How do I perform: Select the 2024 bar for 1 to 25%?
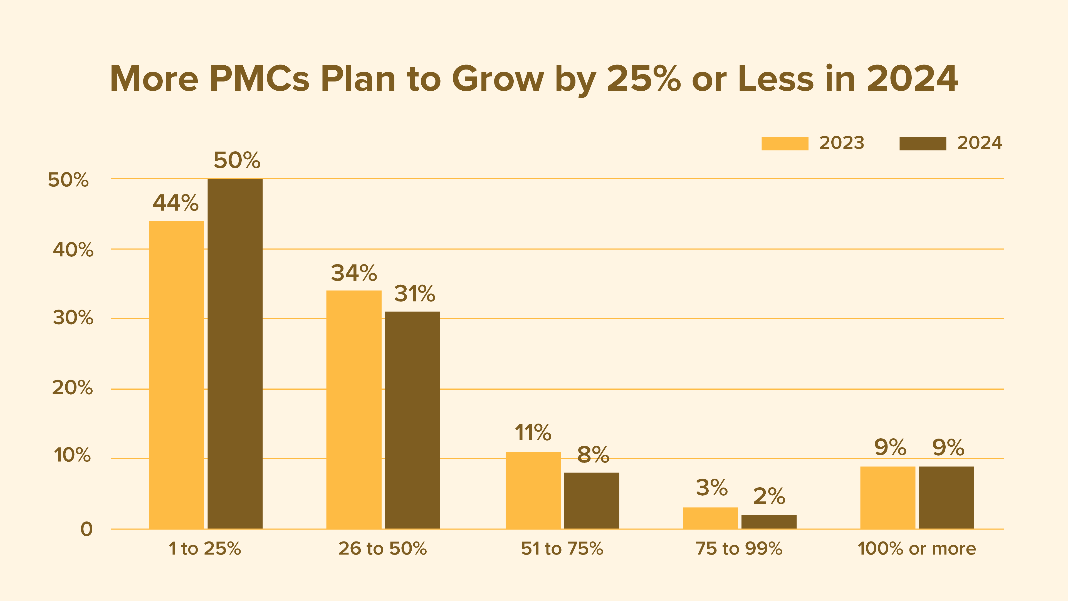[235, 353]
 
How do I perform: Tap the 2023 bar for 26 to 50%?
[354, 409]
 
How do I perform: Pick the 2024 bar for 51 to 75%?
[592, 500]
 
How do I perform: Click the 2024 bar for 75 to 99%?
[769, 521]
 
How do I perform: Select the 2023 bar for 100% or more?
[888, 497]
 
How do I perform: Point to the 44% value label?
[176, 203]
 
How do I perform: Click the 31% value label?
[415, 294]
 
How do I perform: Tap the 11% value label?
[533, 433]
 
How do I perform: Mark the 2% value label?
[769, 496]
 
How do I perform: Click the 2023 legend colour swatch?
[785, 144]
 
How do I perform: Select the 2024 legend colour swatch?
[923, 144]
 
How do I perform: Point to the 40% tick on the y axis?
[73, 250]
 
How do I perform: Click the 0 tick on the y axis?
[86, 529]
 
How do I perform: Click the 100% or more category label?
[917, 548]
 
